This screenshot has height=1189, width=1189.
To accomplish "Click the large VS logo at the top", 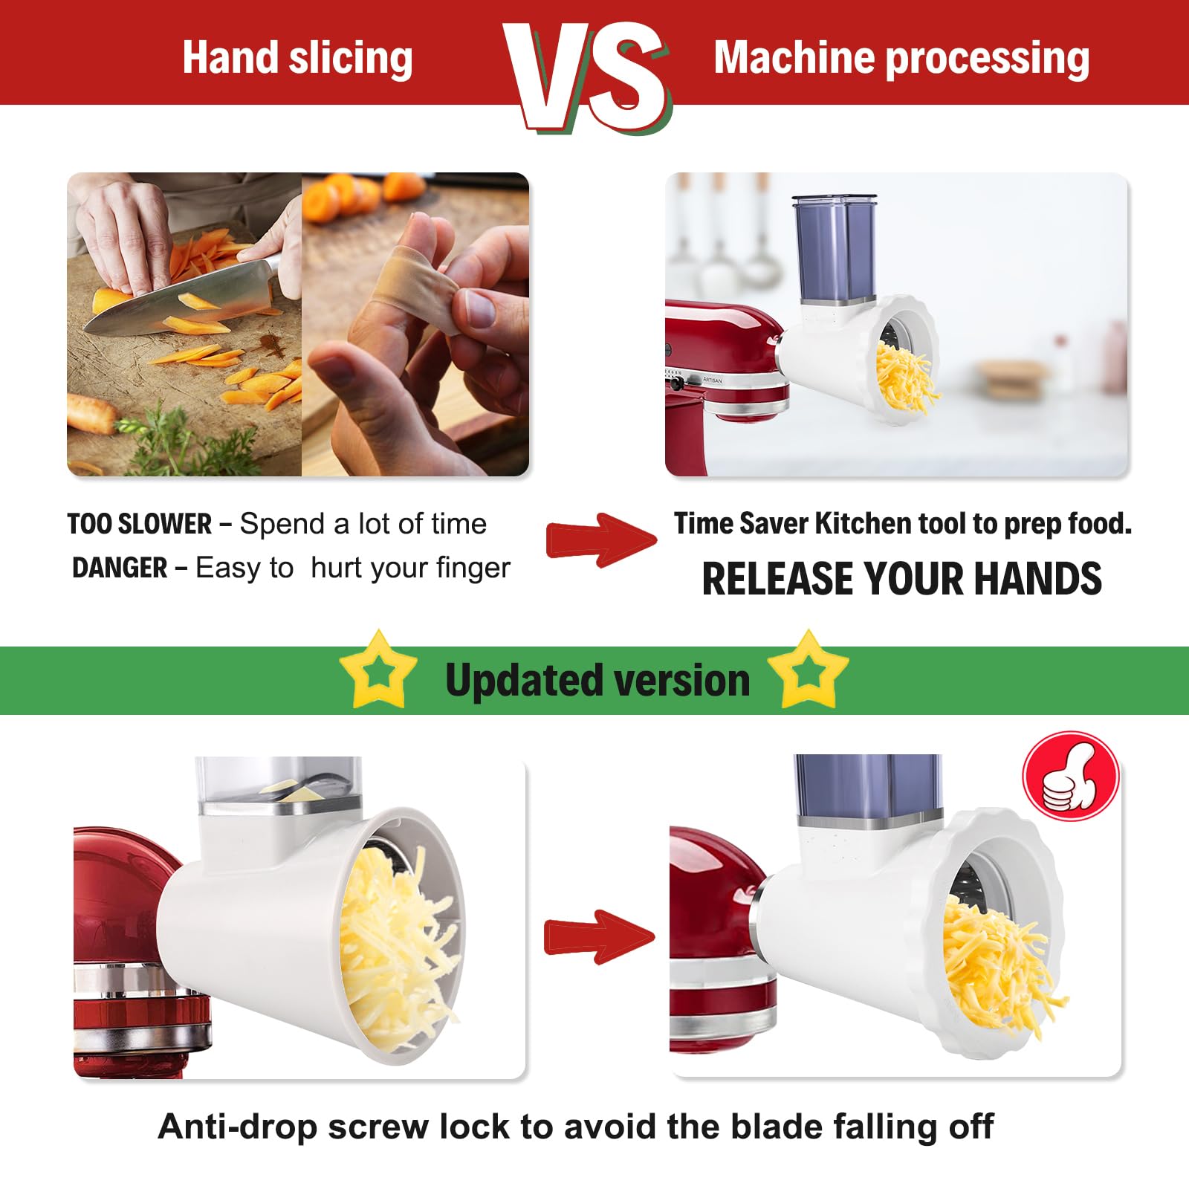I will pos(587,74).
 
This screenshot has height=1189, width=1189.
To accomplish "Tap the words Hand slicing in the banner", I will pos(297,58).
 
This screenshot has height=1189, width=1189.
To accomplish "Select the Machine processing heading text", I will pos(901,58).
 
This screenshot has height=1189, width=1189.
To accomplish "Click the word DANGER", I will pos(120,568).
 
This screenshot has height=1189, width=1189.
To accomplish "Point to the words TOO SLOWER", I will pos(140,524).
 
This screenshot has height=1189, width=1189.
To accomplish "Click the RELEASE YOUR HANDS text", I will pos(901,579).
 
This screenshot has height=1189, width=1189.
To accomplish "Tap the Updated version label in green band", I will pos(597,680).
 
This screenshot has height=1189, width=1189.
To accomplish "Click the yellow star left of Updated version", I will pos(378,670).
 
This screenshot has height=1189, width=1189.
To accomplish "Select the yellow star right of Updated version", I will pos(809,670).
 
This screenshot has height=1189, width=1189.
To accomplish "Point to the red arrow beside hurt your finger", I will pos(600,540).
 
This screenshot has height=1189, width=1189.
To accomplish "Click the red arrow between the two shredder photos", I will pos(599,936).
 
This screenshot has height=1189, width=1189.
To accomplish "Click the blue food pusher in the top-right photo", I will pos(835,249).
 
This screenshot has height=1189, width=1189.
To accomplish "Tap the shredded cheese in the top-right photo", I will pos(904,379).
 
